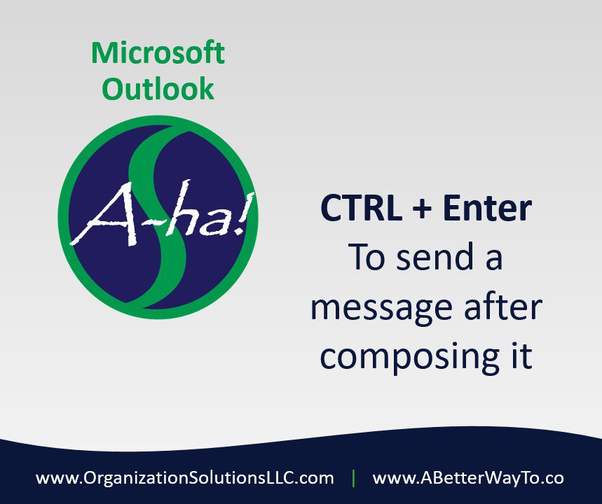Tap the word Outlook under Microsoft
click(158, 89)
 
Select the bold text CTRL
click(362, 208)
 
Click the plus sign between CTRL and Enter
click(422, 209)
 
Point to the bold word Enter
click(487, 208)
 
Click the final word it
click(523, 355)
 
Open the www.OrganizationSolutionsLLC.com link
click(185, 478)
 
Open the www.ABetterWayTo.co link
click(468, 478)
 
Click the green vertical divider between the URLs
click(353, 478)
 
